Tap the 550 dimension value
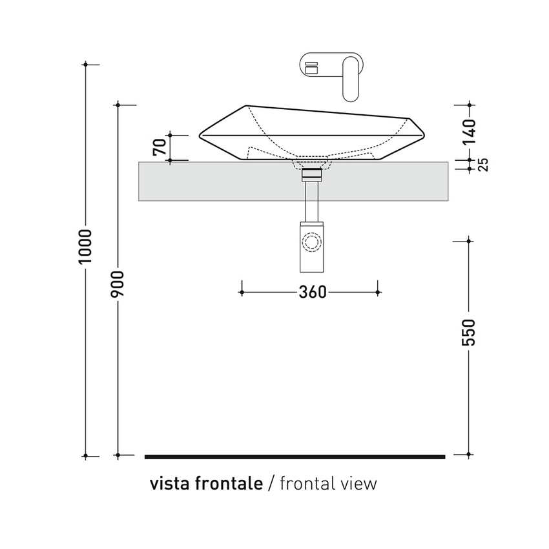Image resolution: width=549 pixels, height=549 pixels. [470, 331]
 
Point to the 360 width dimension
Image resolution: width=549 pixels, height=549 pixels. [313, 293]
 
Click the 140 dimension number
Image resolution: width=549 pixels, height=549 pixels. [470, 131]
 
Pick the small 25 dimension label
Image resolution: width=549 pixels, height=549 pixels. [482, 164]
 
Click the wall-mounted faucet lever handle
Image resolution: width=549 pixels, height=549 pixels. [351, 78]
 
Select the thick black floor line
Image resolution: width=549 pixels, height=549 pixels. [295, 457]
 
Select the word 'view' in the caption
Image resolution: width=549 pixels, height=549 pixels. [360, 483]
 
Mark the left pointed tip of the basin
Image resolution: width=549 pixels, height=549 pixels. [200, 135]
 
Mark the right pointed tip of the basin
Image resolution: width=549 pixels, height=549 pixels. [424, 131]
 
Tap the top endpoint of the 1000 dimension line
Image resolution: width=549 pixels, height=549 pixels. [87, 65]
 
